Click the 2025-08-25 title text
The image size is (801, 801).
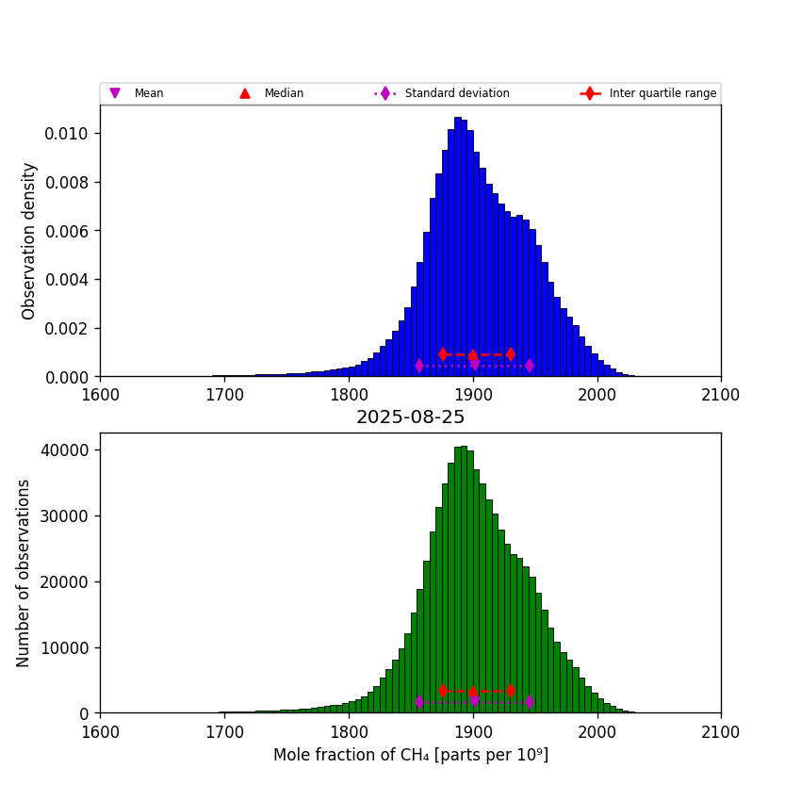[x=410, y=417]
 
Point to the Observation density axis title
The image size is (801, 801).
[x=29, y=240]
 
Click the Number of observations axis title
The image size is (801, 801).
[x=25, y=573]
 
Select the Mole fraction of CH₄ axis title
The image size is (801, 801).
[x=410, y=755]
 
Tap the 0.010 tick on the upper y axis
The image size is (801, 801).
[x=67, y=134]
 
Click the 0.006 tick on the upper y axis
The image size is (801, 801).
[x=67, y=231]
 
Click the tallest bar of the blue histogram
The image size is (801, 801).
[x=458, y=250]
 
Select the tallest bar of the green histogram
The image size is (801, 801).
[x=464, y=580]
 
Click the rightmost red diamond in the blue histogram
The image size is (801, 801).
[x=510, y=354]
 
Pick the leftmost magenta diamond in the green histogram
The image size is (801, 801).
[x=419, y=702]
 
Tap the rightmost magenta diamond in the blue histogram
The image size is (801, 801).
[x=530, y=366]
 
